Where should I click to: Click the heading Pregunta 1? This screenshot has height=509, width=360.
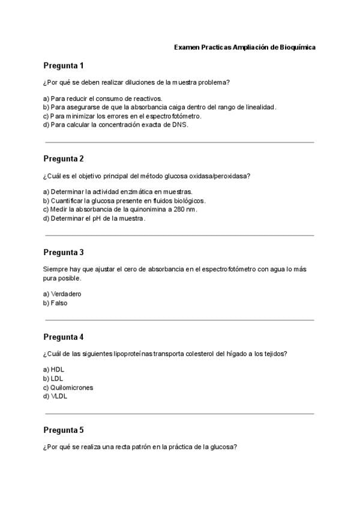pyautogui.click(x=64, y=65)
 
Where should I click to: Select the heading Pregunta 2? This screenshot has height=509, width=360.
pyautogui.click(x=64, y=158)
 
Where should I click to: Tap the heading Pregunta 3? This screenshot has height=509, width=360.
pyautogui.click(x=64, y=252)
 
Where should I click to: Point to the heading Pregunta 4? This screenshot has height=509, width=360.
pyautogui.click(x=64, y=337)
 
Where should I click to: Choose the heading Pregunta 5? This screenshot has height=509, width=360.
pyautogui.click(x=64, y=430)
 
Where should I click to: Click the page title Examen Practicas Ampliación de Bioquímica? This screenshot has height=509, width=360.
pyautogui.click(x=244, y=46)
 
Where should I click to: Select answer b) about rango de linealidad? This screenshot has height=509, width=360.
pyautogui.click(x=160, y=107)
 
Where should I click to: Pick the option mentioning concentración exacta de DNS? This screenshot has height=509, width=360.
pyautogui.click(x=116, y=125)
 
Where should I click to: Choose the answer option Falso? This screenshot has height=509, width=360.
pyautogui.click(x=55, y=303)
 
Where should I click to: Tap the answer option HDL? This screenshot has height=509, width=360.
pyautogui.click(x=53, y=370)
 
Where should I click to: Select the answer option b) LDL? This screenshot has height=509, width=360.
pyautogui.click(x=53, y=379)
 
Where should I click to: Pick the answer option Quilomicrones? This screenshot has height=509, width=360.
pyautogui.click(x=68, y=388)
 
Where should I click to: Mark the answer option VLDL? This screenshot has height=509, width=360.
pyautogui.click(x=55, y=397)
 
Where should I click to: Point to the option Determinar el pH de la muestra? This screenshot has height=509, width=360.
pyautogui.click(x=94, y=218)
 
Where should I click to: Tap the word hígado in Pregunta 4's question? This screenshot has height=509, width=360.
pyautogui.click(x=224, y=354)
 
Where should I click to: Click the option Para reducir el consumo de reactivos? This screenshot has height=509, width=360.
pyautogui.click(x=103, y=98)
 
